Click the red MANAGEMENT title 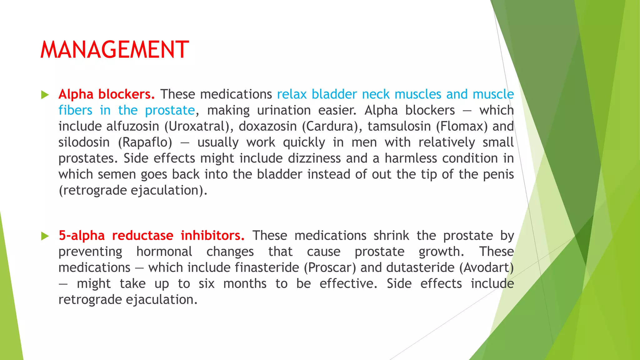(115, 50)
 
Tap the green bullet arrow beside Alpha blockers (45, 95)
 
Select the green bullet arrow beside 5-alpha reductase (45, 236)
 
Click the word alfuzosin (133, 126)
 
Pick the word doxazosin (268, 126)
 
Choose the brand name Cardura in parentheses (332, 126)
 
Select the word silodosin (84, 142)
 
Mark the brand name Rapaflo (145, 142)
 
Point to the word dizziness (314, 158)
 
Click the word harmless (411, 158)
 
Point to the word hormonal (164, 252)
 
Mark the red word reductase (142, 236)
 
